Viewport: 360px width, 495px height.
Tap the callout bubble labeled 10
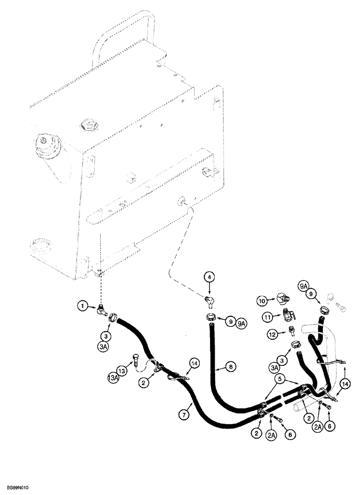pos(262,300)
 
